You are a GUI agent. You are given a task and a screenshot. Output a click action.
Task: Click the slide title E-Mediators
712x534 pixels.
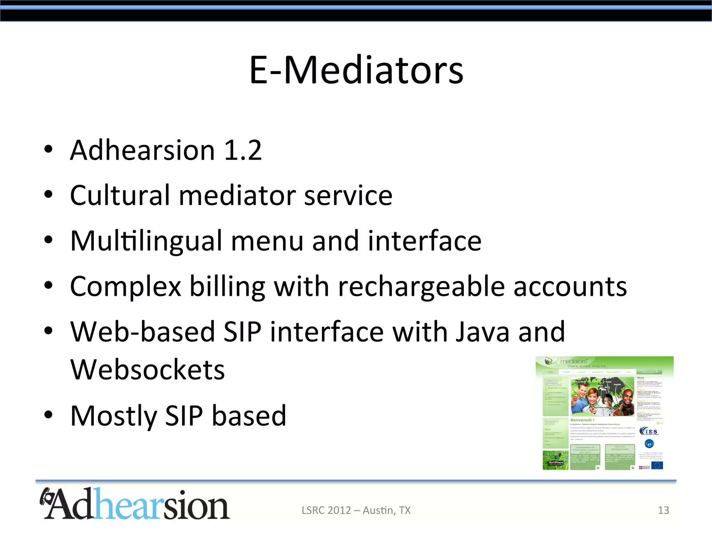coord(356,70)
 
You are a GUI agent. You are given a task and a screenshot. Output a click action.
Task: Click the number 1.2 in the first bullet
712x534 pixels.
coord(243,150)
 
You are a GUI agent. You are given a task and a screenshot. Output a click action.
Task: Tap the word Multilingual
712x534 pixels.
coord(146,241)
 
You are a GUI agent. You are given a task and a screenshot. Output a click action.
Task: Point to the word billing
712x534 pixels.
coord(227,287)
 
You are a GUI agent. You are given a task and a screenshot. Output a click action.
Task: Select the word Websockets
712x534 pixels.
coord(147,370)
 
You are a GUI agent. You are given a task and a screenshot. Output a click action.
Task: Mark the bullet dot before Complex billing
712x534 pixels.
coord(48,286)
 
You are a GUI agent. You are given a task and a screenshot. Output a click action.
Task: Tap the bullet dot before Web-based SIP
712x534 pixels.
coord(48,331)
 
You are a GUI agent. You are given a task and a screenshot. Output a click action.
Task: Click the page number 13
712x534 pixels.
coord(663,510)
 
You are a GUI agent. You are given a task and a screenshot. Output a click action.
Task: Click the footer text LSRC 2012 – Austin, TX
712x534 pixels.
coord(356,510)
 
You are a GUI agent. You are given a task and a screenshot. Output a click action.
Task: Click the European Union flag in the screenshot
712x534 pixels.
coord(657,465)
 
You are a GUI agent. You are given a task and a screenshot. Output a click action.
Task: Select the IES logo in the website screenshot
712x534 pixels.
coord(649,431)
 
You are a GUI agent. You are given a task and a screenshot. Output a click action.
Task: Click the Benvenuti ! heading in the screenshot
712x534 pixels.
coord(582,420)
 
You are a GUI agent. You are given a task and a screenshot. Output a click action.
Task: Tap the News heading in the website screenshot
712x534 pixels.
coord(640,378)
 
